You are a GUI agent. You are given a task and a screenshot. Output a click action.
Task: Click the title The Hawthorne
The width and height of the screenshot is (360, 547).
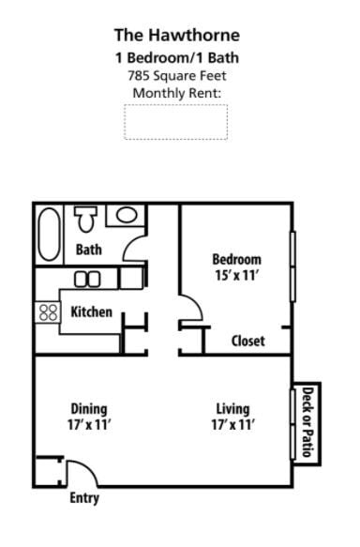pos(176,36)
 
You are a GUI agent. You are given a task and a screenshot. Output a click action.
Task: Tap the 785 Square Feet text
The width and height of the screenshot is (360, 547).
pos(176,75)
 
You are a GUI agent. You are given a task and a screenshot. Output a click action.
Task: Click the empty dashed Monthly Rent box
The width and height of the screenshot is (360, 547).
pos(176,122)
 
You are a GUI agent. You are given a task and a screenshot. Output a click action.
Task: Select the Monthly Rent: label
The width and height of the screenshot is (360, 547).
pos(176,93)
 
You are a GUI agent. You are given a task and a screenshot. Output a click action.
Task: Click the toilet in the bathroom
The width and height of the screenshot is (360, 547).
pos(87,220)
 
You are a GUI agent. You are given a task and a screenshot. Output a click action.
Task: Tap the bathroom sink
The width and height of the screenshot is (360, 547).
pos(124,216)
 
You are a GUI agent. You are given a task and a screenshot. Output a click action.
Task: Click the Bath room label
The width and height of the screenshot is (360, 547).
pos(89,251)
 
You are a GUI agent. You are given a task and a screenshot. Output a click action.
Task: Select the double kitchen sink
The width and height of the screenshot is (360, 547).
pos(88,279)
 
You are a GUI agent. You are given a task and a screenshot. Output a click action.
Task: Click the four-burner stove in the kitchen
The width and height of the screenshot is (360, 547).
pos(47,311)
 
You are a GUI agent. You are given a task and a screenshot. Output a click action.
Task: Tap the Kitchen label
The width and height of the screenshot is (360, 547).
pos(92,311)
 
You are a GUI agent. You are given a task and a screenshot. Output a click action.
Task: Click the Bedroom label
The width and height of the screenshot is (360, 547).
pos(236,260)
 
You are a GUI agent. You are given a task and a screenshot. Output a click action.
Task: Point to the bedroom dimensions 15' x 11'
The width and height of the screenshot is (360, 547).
pos(236,276)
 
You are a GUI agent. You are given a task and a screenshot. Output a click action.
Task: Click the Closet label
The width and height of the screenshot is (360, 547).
pos(248,342)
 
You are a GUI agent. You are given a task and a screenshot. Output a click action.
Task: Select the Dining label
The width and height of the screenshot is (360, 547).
pos(89,409)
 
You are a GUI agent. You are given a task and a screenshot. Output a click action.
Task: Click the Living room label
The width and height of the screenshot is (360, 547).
pos(232,409)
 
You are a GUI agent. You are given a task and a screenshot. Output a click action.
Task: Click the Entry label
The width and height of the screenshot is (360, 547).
pos(84,498)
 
